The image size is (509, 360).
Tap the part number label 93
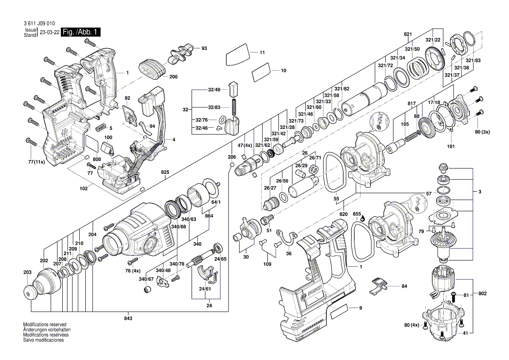(x=204, y=48)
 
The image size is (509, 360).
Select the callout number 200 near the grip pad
(x=173, y=77)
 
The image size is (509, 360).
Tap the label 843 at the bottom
(x=128, y=319)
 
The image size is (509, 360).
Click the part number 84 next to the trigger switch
(x=404, y=286)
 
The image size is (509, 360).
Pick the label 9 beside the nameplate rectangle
(x=361, y=309)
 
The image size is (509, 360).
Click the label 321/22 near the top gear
(x=433, y=40)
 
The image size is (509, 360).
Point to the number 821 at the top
(x=408, y=34)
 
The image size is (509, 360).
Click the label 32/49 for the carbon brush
(x=214, y=89)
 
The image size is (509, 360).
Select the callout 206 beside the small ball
(x=232, y=156)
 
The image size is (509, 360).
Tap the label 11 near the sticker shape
(x=262, y=53)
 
